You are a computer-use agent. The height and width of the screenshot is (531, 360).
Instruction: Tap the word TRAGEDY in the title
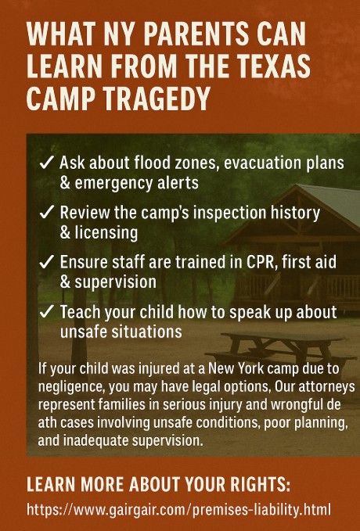[x=157, y=99]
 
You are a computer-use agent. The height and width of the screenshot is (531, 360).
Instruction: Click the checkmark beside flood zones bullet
[x=45, y=163]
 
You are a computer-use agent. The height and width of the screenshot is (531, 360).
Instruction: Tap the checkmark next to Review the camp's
[x=45, y=213]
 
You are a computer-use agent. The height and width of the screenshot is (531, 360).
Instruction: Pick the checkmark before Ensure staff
[x=45, y=262]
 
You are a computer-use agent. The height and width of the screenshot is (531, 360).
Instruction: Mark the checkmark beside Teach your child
[x=45, y=311]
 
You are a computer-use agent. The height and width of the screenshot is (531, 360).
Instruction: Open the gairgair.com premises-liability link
[x=178, y=509]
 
